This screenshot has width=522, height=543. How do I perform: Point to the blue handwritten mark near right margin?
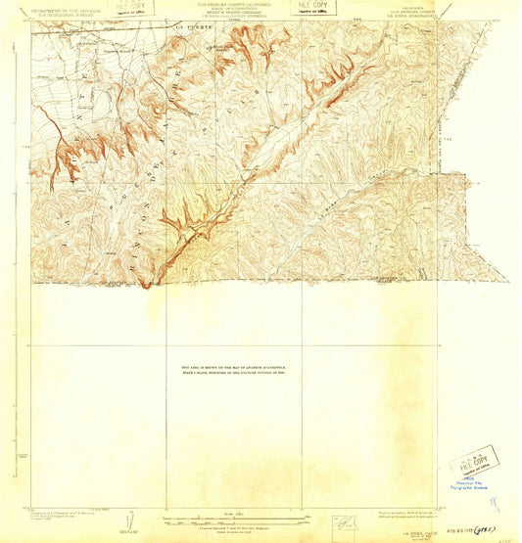[496, 505]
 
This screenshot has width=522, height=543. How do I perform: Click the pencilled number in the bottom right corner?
[504, 536]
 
